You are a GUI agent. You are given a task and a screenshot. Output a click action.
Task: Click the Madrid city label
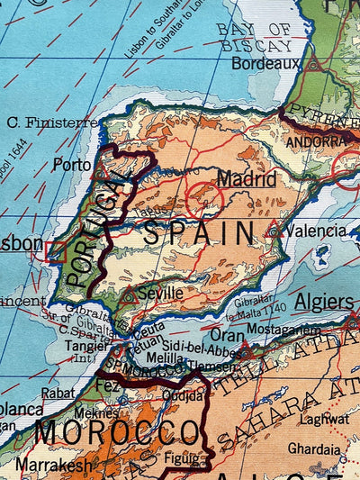pos(246,178)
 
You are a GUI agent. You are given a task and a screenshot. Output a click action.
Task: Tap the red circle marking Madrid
pos(204,198)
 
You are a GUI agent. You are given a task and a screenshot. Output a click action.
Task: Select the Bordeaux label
pos(265,64)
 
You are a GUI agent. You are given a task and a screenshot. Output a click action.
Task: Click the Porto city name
pos(72,165)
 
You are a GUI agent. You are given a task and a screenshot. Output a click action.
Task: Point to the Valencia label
pos(316,231)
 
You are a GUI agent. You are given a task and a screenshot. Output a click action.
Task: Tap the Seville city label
pos(160,293)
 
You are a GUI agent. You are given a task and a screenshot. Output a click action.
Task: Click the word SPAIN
pos(200,236)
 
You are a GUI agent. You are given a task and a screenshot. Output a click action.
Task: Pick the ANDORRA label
pos(316,142)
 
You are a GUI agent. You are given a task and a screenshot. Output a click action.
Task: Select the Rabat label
pos(58,393)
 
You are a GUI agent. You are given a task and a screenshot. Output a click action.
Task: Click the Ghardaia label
pos(314,448)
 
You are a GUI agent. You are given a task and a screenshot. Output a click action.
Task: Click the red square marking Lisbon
pos(56,251)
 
